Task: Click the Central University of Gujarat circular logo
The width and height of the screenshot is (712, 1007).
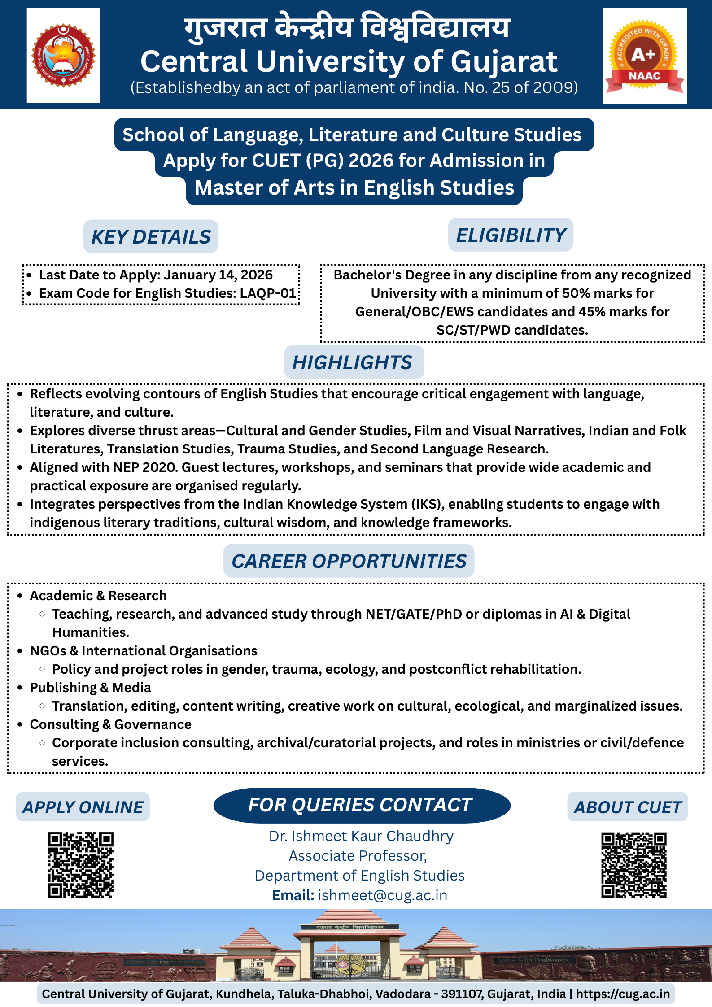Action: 63,56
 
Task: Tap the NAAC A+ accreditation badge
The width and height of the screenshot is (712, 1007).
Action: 644,56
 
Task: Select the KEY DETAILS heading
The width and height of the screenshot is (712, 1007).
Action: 151,237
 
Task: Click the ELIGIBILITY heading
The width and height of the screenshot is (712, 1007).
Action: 511,235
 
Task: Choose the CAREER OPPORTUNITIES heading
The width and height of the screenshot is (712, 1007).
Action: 349,561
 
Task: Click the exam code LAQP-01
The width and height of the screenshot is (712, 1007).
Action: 268,293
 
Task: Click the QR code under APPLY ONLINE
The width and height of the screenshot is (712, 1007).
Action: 81,865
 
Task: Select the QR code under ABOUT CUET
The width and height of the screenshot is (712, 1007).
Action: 633,865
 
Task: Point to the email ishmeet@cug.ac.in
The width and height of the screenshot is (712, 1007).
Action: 383,895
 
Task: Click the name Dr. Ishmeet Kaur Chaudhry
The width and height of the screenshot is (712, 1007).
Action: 361,836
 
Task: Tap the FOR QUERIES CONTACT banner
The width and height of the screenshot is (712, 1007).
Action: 361,805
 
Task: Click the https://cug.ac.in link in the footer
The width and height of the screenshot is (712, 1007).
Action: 623,994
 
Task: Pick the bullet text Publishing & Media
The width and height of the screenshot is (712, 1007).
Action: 90,688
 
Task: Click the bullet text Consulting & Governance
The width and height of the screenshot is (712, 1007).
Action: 110,724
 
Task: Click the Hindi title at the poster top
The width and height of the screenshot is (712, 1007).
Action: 347,28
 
